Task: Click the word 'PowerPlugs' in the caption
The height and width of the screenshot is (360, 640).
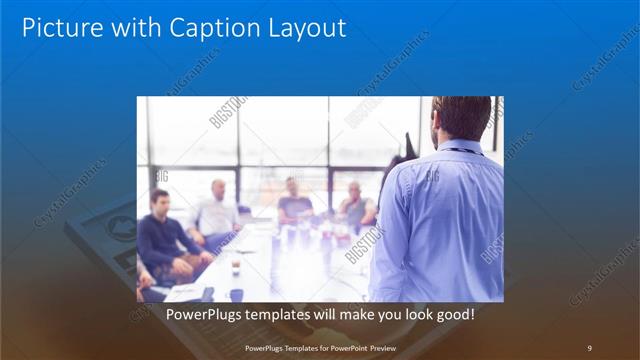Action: coord(201,314)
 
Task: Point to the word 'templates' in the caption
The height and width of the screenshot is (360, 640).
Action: coord(280,314)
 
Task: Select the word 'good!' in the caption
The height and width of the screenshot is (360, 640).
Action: coord(454,314)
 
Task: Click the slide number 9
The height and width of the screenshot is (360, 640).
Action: coord(589,347)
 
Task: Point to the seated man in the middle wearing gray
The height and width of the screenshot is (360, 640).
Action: coord(295,201)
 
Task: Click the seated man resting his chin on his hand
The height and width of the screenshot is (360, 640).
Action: coord(356,205)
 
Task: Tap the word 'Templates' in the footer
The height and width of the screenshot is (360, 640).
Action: coord(295,347)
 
